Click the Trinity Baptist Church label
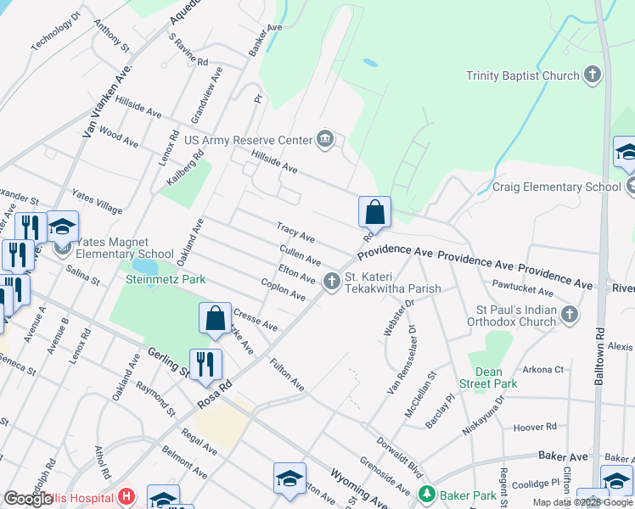coord(522,76)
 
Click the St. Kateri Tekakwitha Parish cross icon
coord(331,280)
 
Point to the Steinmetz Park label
coord(166,279)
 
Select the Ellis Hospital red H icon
coord(126,497)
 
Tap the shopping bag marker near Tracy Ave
coord(374,213)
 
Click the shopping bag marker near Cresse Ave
coord(216,318)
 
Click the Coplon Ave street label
coord(284,289)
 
